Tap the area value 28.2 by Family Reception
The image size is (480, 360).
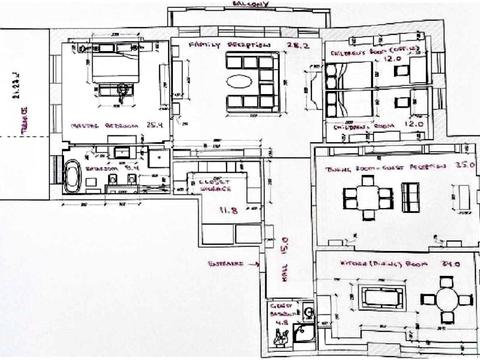(x=297, y=45)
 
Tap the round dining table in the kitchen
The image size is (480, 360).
(x=441, y=301)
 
